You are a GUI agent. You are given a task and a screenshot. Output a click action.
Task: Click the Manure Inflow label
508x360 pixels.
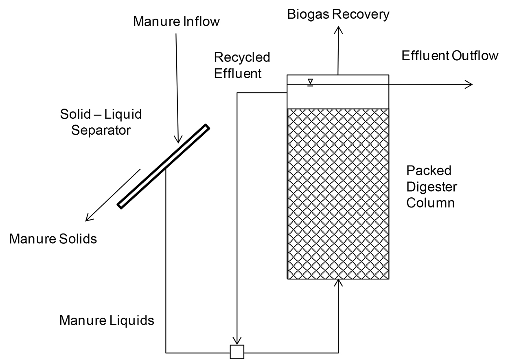coord(176,22)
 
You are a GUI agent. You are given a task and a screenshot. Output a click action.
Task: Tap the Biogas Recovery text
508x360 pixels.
coord(338,14)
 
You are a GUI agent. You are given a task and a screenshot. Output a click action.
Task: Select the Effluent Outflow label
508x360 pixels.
coord(450,56)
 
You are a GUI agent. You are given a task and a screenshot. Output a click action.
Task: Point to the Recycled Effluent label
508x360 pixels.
coord(242,65)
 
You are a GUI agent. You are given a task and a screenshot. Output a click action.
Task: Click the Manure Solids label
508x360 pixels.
coord(53,238)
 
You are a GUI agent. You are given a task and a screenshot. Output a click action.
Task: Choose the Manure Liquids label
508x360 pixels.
coord(107,321)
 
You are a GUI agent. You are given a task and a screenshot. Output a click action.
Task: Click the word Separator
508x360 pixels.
coord(101,130)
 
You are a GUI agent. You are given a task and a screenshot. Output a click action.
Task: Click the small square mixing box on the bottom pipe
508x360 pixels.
coord(237,352)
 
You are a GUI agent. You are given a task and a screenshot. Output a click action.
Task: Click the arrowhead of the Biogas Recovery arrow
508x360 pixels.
coord(338,29)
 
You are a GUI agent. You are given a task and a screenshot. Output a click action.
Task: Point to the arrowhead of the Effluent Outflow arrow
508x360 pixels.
coord(469,84)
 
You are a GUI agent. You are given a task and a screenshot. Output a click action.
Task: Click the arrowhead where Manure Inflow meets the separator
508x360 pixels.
coord(178,140)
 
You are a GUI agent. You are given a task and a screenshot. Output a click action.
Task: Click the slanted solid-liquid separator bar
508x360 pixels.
coord(163,166)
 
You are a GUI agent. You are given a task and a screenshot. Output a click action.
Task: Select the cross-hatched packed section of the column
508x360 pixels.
coord(338,193)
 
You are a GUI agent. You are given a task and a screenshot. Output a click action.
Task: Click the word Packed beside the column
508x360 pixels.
coord(423,170)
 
